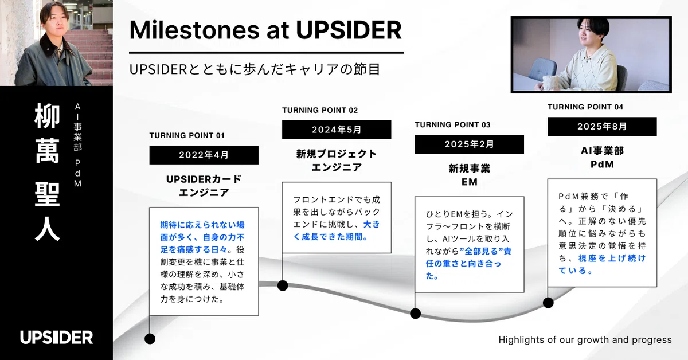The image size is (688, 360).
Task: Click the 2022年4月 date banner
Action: point(204,155)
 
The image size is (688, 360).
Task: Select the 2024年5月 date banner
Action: point(337,130)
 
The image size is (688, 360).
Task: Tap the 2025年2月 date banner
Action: point(470,144)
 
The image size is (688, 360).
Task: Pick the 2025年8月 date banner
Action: point(602,126)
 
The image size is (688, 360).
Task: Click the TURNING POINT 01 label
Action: point(187,135)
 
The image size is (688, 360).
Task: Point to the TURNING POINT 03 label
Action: point(453,125)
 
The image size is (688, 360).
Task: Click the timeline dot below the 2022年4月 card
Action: point(150,339)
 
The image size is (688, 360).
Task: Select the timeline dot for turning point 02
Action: point(283,285)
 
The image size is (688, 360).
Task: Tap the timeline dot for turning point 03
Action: point(415,314)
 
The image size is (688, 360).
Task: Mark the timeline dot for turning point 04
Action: point(548,303)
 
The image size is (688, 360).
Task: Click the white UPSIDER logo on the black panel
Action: point(57,337)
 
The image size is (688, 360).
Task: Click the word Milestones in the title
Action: point(195,30)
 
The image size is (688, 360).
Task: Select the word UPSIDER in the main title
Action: point(349,30)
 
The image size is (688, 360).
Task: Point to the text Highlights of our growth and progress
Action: point(585,340)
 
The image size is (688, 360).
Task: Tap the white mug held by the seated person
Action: point(552,83)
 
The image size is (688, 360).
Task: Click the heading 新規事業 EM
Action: point(470,175)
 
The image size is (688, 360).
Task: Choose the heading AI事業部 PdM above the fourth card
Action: point(602,157)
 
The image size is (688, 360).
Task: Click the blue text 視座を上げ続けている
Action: point(602,264)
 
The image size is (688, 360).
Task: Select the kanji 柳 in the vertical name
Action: point(47,116)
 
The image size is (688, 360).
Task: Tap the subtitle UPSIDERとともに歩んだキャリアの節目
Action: point(255,69)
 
